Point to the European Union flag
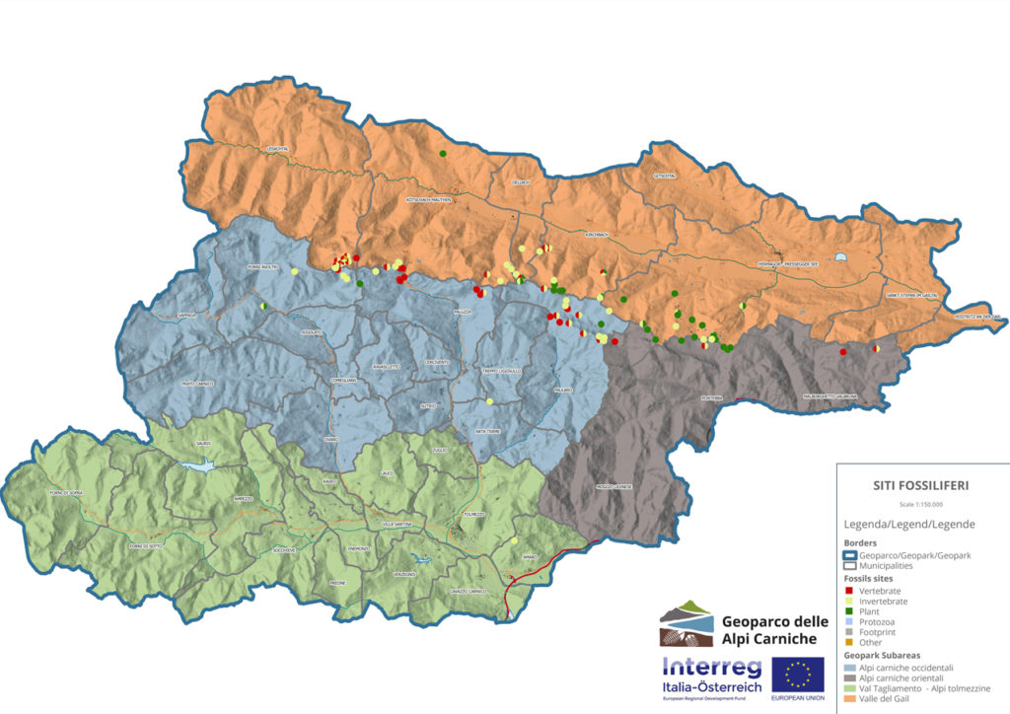click(x=799, y=675)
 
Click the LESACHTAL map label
click(x=277, y=149)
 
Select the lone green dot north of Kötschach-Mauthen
click(x=444, y=154)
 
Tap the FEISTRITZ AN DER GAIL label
click(x=977, y=317)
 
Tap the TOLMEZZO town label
click(x=475, y=514)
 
